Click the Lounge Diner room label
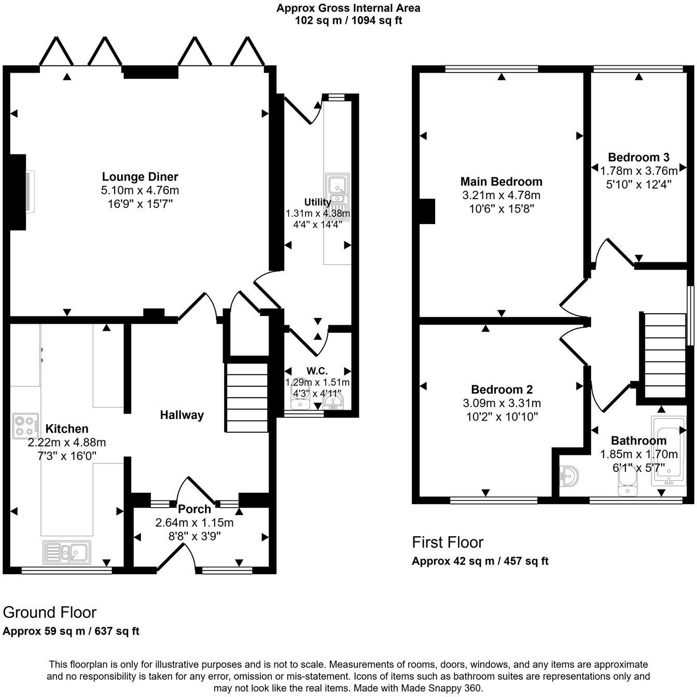tap(140, 177)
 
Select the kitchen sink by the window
tap(67, 552)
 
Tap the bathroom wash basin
tap(570, 476)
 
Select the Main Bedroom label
tap(501, 182)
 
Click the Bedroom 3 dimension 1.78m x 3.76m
tap(638, 171)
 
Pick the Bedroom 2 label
tap(501, 389)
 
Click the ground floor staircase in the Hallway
tap(247, 397)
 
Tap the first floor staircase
tap(665, 355)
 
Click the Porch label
tap(194, 509)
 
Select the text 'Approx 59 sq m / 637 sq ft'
tap(71, 631)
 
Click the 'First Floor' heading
tap(447, 542)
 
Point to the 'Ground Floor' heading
tap(50, 612)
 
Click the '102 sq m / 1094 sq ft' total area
tap(348, 21)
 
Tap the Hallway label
tap(182, 415)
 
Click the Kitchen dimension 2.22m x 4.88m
tap(67, 442)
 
